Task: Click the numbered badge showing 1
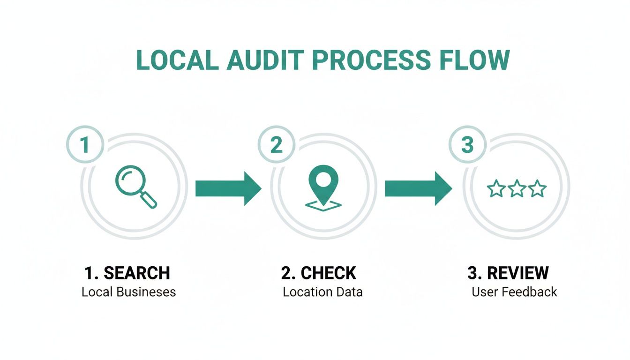(85, 145)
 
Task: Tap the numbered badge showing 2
(276, 145)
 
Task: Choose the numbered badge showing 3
(467, 145)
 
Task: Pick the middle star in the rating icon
(517, 189)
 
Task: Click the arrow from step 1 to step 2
(228, 188)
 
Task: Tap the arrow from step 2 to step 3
(418, 188)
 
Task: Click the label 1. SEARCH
(127, 273)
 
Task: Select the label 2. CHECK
(319, 273)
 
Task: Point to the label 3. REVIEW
(508, 273)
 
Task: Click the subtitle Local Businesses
(128, 292)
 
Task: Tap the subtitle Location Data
(322, 292)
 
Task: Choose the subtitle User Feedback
(514, 292)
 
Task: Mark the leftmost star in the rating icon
(496, 189)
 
